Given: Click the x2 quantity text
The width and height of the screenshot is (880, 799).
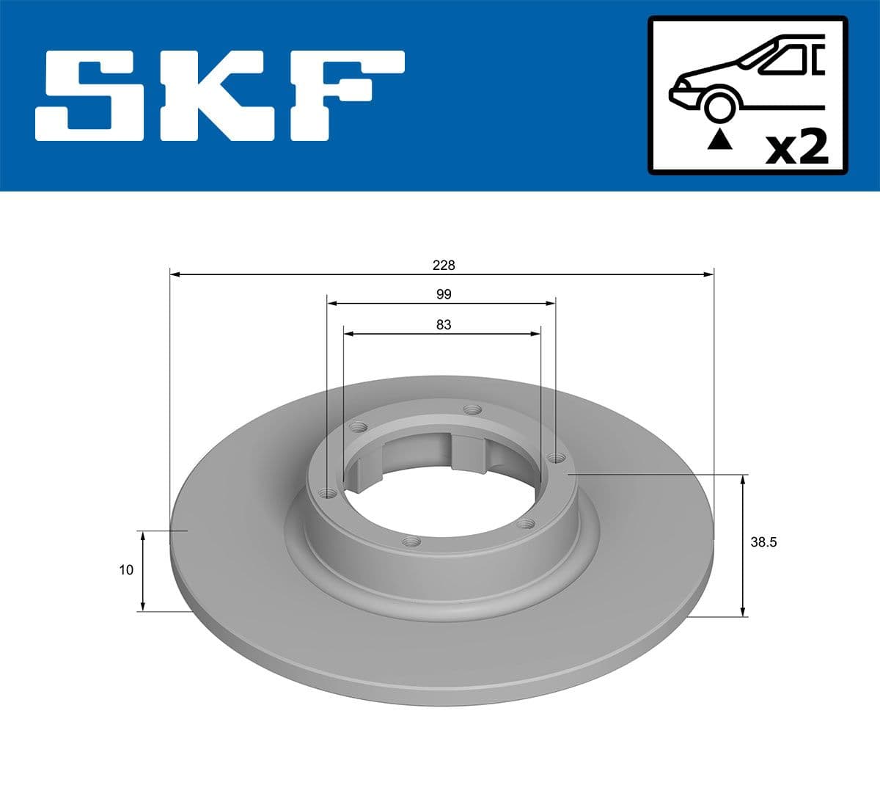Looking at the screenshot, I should tap(796, 147).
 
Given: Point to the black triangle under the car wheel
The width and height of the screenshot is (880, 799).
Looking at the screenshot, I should tap(719, 139).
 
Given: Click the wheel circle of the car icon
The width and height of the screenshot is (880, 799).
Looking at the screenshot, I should tap(719, 106).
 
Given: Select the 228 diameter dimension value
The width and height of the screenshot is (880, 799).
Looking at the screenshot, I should tap(444, 265).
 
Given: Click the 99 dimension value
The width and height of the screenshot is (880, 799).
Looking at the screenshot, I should tap(444, 294).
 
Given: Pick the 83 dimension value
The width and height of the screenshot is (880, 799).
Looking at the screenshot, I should tap(444, 324).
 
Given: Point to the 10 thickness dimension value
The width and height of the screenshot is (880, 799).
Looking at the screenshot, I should tap(126, 569).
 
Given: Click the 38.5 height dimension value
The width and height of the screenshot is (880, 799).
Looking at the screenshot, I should tap(763, 543).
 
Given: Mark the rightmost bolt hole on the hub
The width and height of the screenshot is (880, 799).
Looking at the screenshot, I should tap(557, 458).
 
